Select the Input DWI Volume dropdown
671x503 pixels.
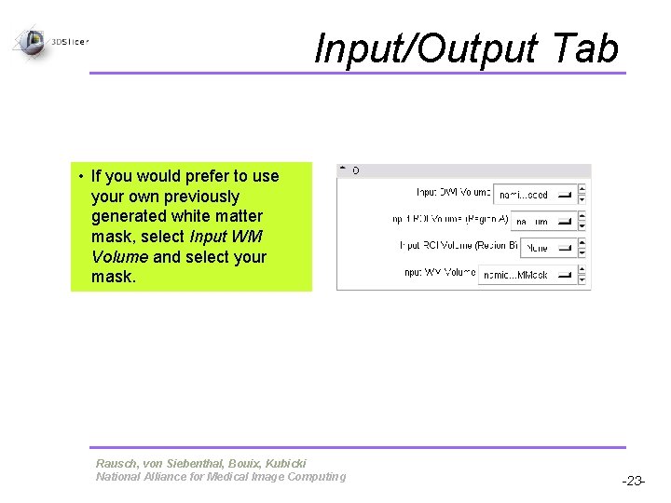click(x=534, y=195)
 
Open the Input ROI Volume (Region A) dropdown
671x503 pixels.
click(x=542, y=222)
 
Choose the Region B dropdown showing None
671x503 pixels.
click(x=547, y=249)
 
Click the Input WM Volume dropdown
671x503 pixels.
click(x=527, y=276)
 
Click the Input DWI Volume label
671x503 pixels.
click(x=453, y=193)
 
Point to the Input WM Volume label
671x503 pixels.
click(x=440, y=273)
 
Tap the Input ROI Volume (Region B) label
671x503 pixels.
click(x=453, y=246)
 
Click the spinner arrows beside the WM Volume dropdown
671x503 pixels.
click(x=582, y=276)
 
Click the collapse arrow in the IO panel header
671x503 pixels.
click(x=342, y=170)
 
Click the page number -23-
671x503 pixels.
click(x=634, y=482)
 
